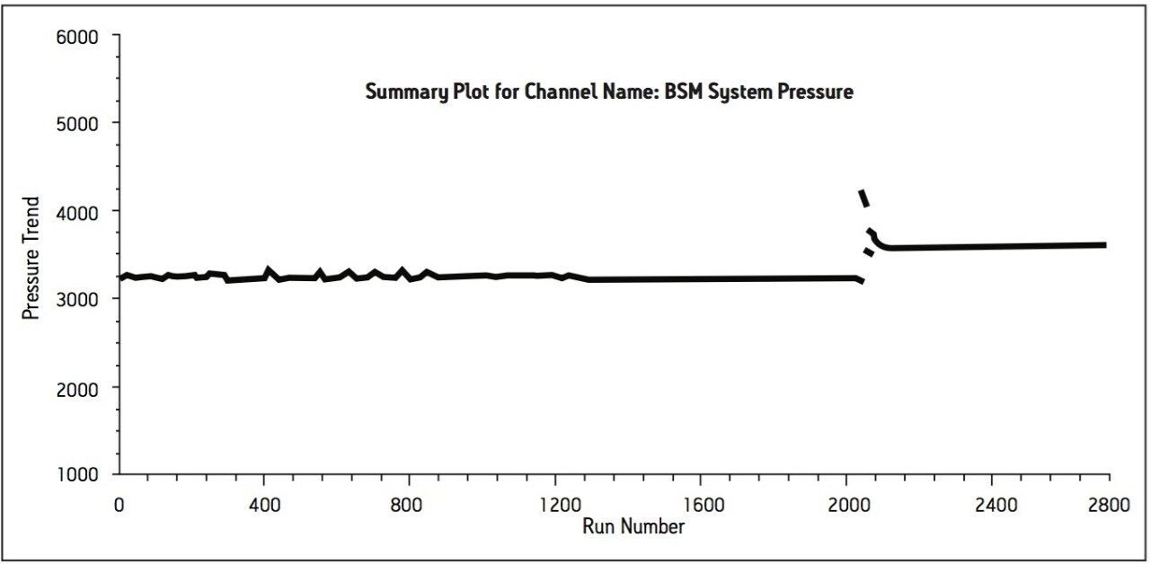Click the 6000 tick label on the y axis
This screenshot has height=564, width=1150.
[x=79, y=37]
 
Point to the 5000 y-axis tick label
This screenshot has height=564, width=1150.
[x=79, y=123]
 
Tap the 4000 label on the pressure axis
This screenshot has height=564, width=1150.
[x=79, y=211]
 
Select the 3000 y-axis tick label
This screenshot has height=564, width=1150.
[x=79, y=299]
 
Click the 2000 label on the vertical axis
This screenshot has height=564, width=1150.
[x=79, y=387]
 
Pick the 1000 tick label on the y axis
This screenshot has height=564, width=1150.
[x=79, y=474]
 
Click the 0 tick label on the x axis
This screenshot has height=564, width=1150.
[x=119, y=504]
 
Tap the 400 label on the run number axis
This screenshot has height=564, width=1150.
[x=263, y=504]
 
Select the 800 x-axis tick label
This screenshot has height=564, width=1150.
[x=409, y=504]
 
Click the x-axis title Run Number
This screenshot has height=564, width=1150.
[x=633, y=525]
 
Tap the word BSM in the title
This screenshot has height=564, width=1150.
[x=685, y=92]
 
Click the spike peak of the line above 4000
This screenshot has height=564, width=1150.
[x=862, y=191]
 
